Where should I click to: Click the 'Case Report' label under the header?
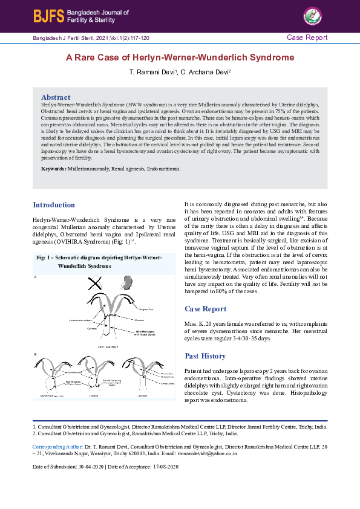[x=307, y=37]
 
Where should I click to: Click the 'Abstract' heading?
[x=56, y=97]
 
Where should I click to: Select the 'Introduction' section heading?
[x=54, y=205]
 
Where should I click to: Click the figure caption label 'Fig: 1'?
[x=45, y=258]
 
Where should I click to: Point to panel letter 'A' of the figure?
[x=36, y=277]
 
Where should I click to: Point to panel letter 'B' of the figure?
[x=36, y=354]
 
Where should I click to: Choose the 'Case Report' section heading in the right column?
[x=205, y=309]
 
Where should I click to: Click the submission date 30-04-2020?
[x=90, y=467]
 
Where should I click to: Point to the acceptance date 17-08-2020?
[x=165, y=467]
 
